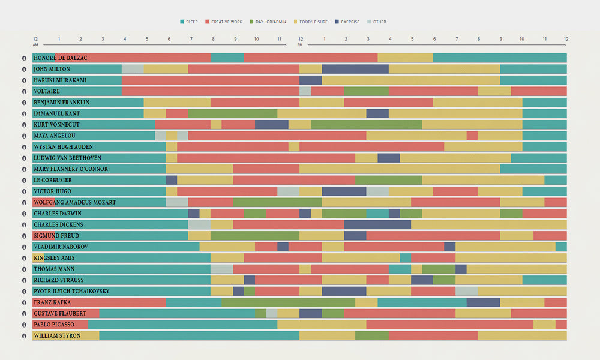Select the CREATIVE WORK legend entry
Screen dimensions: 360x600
pyautogui.click(x=226, y=22)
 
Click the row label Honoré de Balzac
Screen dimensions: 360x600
pyautogui.click(x=60, y=58)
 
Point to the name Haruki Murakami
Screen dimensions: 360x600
pyautogui.click(x=60, y=80)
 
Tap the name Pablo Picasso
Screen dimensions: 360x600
pyautogui.click(x=54, y=325)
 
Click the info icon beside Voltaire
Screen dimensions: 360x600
pyautogui.click(x=25, y=91)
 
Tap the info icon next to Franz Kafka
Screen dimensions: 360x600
pyautogui.click(x=25, y=302)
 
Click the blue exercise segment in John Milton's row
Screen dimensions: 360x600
pyautogui.click(x=355, y=69)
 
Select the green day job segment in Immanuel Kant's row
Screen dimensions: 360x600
pyautogui.click(x=233, y=113)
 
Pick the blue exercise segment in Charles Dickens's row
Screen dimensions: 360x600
pyautogui.click(x=377, y=224)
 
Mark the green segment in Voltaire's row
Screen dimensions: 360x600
pyautogui.click(x=366, y=91)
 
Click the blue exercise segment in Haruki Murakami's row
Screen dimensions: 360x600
pyautogui.click(x=310, y=80)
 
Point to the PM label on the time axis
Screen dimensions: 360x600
pyautogui.click(x=300, y=46)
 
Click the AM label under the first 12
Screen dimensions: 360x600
pyautogui.click(x=35, y=46)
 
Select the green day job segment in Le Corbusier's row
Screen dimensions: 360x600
pyautogui.click(x=388, y=180)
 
